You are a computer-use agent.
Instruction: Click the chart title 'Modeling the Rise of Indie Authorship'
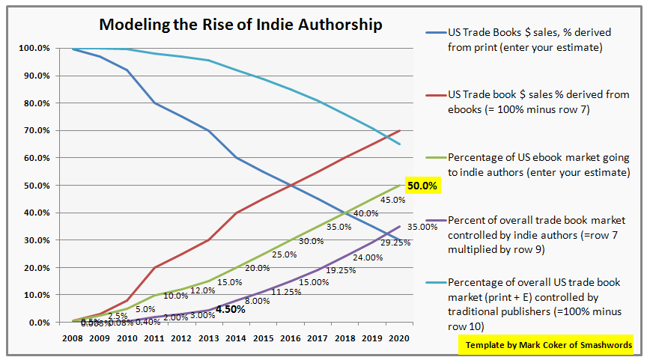point(241,25)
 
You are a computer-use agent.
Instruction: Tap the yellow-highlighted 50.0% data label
point(422,185)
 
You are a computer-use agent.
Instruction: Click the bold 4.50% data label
point(231,308)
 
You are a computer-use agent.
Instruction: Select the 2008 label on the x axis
point(73,338)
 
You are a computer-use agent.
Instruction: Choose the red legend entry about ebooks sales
point(537,102)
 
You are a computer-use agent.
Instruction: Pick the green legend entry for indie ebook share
point(537,165)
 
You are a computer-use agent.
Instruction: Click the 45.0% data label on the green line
point(393,200)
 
